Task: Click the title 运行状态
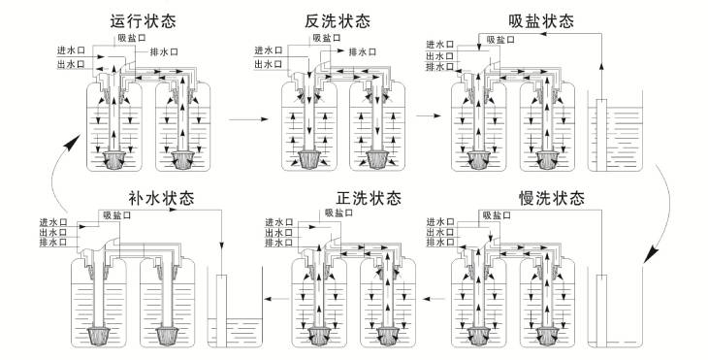(x=143, y=20)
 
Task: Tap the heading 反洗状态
(x=337, y=20)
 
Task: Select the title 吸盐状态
(x=541, y=20)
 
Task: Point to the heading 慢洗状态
(x=552, y=198)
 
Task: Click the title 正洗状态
(x=369, y=198)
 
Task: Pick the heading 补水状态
(x=161, y=198)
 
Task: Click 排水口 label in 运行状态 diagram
(x=164, y=52)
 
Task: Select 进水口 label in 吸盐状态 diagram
(x=440, y=45)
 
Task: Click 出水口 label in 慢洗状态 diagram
(x=440, y=232)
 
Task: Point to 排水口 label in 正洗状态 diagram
(x=278, y=243)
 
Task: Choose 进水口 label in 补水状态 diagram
(x=52, y=222)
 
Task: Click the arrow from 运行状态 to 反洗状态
(x=248, y=119)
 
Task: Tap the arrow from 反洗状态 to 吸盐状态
(x=428, y=116)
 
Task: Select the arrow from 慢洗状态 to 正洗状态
(x=434, y=299)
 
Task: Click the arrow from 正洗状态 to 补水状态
(x=276, y=299)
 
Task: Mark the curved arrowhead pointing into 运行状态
(x=72, y=142)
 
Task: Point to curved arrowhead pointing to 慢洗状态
(x=650, y=255)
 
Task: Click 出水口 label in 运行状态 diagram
(x=71, y=65)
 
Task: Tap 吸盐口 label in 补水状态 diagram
(x=117, y=215)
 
